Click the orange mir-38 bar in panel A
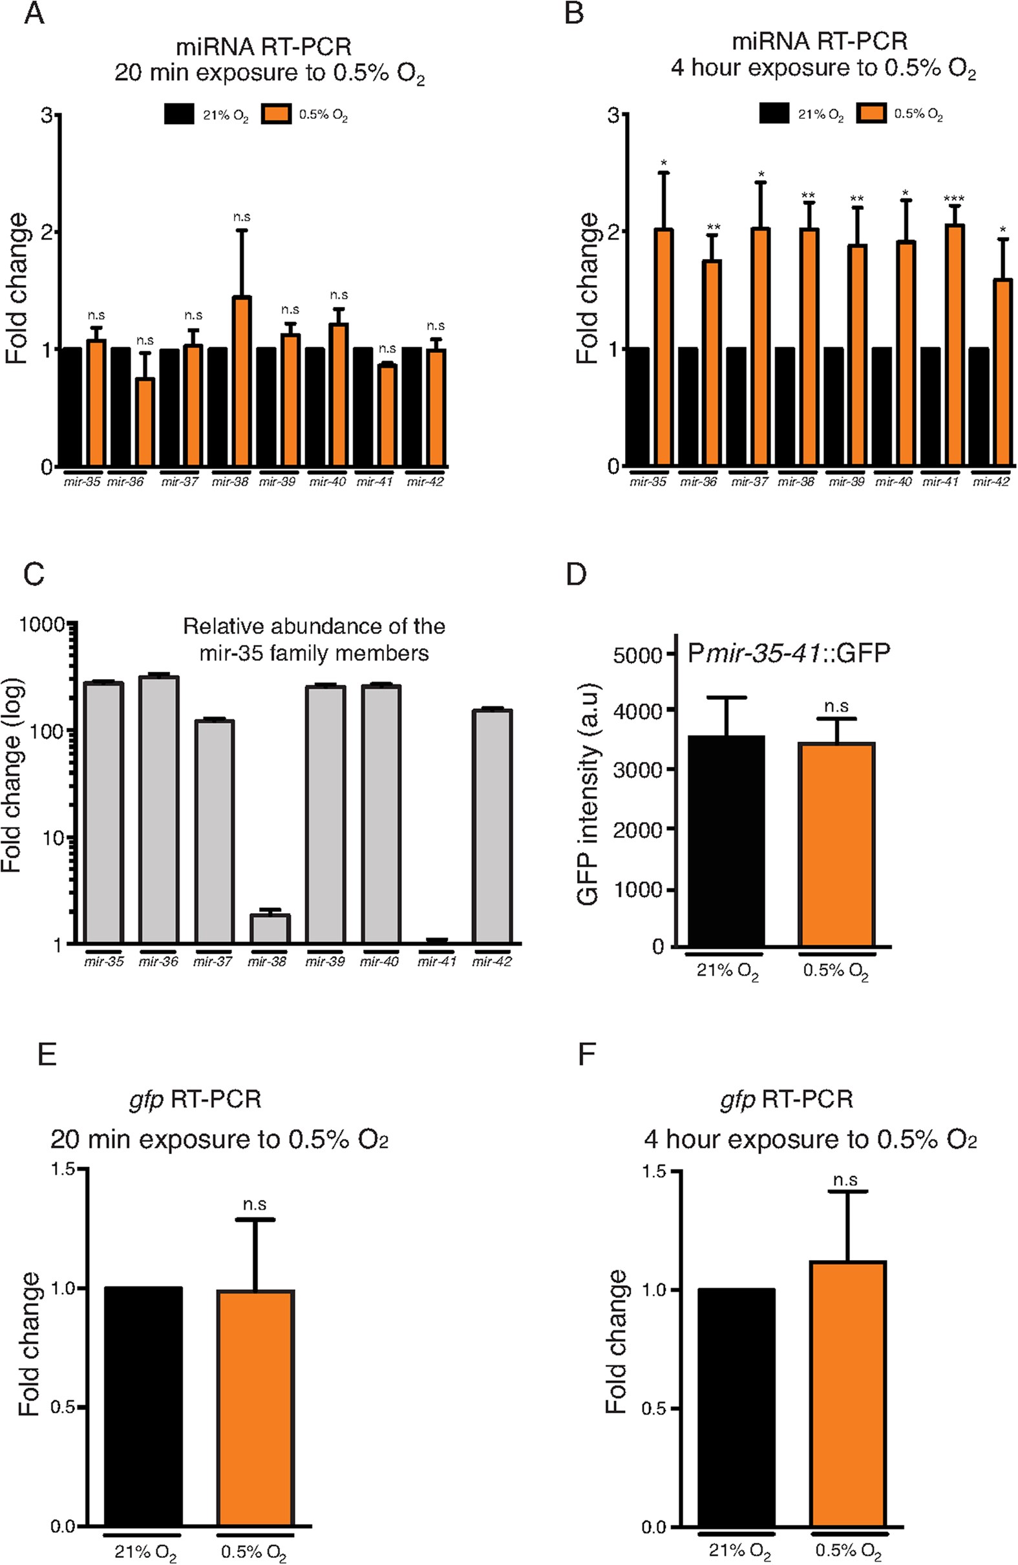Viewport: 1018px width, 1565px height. coord(241,381)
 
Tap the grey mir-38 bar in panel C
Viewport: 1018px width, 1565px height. coord(266,929)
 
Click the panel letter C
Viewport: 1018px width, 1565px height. coord(34,573)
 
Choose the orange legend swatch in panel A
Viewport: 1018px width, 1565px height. coord(276,115)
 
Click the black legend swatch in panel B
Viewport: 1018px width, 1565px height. coord(774,114)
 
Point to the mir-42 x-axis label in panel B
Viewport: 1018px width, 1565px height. coord(990,482)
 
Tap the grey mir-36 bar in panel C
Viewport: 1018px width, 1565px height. coord(158,809)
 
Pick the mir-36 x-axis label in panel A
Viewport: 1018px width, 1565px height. coord(125,482)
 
